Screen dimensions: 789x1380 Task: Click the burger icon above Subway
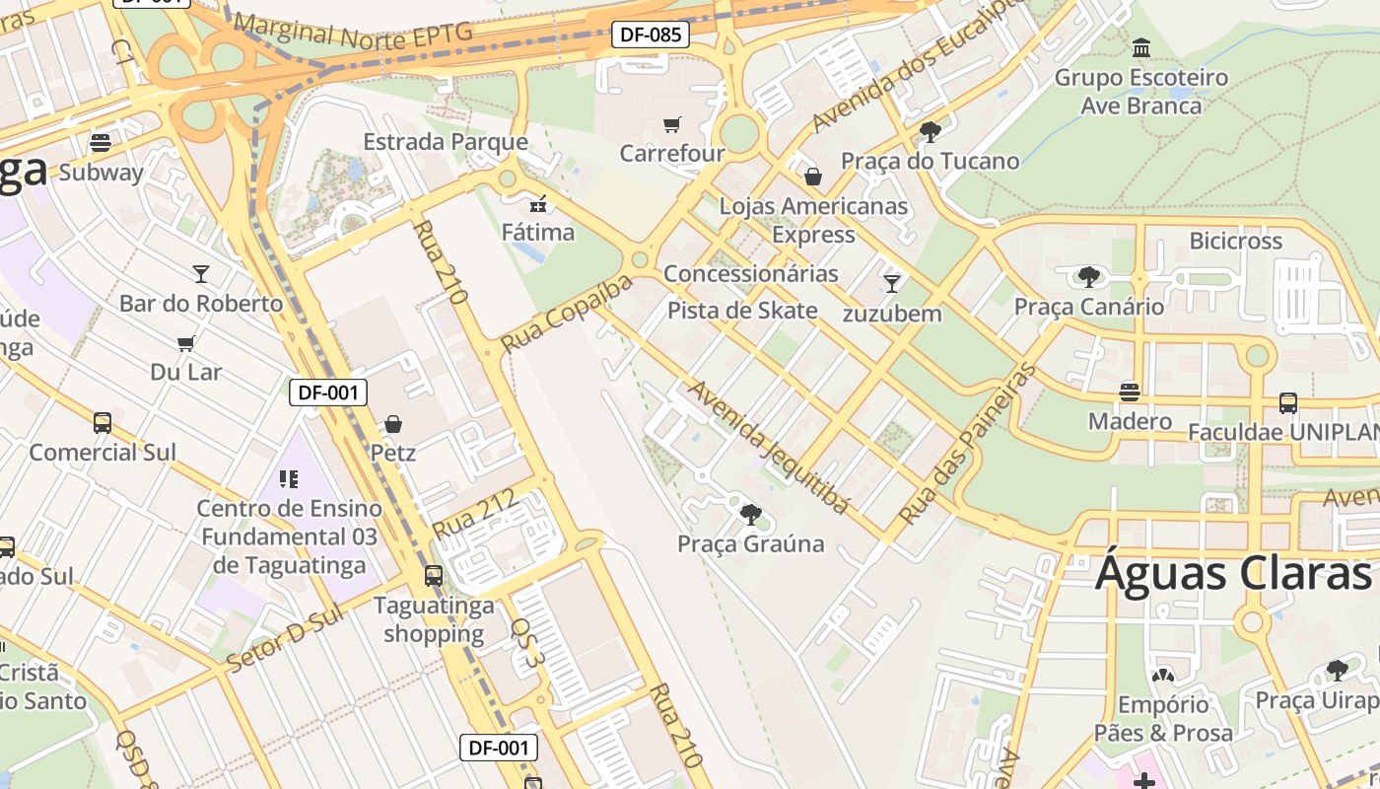click(x=100, y=142)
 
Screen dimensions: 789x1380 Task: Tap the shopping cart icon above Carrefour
click(x=672, y=124)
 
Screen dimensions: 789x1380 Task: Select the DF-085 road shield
click(x=650, y=35)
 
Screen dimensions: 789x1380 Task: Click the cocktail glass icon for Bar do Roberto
click(x=201, y=273)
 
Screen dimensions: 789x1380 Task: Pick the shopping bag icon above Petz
click(x=393, y=424)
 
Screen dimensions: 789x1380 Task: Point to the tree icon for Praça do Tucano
click(x=930, y=131)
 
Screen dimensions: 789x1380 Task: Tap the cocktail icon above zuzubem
click(x=892, y=284)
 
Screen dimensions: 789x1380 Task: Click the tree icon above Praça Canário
click(x=1089, y=276)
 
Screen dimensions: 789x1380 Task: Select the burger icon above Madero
click(x=1130, y=392)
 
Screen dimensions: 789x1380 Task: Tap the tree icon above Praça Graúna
click(x=751, y=514)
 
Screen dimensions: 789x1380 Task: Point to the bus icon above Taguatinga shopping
click(x=434, y=575)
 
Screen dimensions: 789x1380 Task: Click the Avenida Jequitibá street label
click(x=768, y=447)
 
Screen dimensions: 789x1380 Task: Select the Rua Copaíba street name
click(x=566, y=315)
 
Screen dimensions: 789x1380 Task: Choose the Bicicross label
click(x=1235, y=241)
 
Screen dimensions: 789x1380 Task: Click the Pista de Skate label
click(x=742, y=311)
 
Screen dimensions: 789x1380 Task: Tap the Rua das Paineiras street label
click(x=968, y=444)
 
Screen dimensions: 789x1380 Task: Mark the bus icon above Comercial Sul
click(x=103, y=423)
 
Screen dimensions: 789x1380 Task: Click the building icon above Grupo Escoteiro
click(x=1141, y=47)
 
